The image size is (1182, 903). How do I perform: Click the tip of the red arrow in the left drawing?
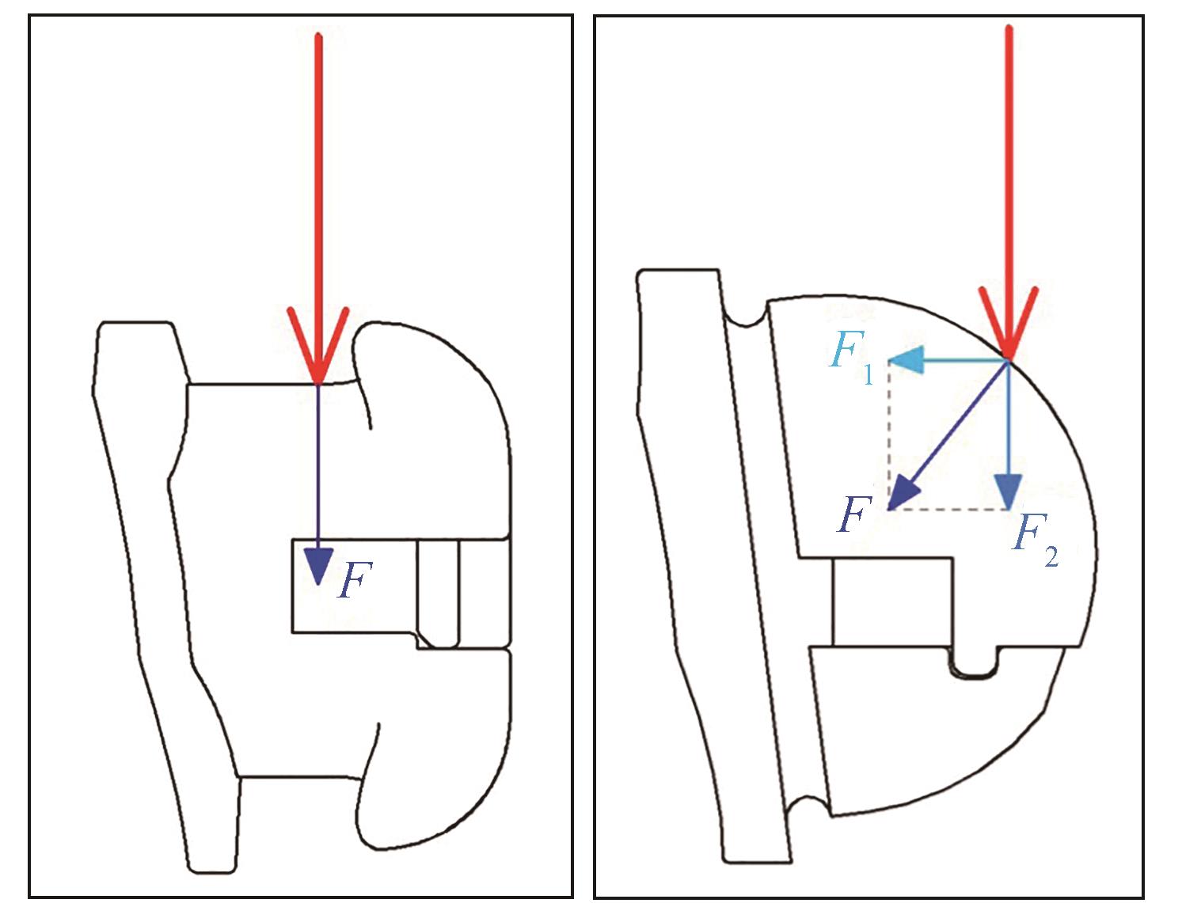click(x=319, y=384)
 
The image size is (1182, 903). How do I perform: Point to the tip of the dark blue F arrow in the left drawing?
click(x=319, y=585)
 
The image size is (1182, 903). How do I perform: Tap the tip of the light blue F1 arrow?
click(x=888, y=359)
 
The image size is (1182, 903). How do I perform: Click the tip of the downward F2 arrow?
click(x=1008, y=509)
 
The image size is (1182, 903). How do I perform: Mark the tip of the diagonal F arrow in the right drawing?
click(x=887, y=509)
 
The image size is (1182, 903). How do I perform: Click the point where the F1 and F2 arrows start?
click(x=1008, y=359)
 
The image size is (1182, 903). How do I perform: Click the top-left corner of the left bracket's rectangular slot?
click(x=292, y=539)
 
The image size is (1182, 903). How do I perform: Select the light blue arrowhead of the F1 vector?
click(x=906, y=359)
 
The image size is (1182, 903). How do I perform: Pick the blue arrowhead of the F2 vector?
click(x=1008, y=491)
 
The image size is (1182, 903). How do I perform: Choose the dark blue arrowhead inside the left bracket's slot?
click(x=319, y=567)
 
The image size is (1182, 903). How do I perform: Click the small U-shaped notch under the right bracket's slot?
click(x=975, y=662)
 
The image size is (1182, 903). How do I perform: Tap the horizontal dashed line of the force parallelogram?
click(x=948, y=509)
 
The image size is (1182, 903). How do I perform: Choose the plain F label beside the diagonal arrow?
click(x=854, y=514)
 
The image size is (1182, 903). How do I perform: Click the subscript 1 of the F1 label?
click(x=868, y=374)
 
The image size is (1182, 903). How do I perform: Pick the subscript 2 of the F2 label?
click(x=1051, y=556)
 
